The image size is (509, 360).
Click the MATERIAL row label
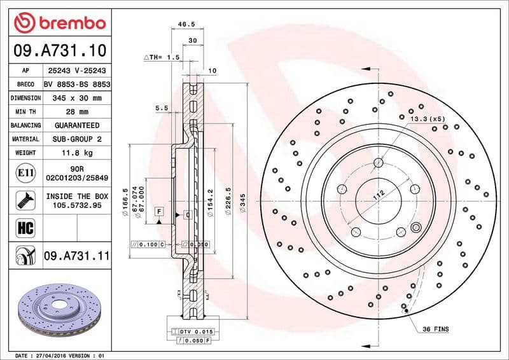pos(25,139)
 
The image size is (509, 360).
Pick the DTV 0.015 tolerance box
pos(196,332)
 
